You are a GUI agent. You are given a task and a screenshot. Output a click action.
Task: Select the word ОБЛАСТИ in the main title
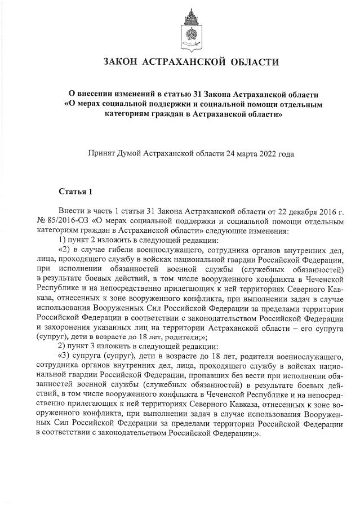click(255, 61)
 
